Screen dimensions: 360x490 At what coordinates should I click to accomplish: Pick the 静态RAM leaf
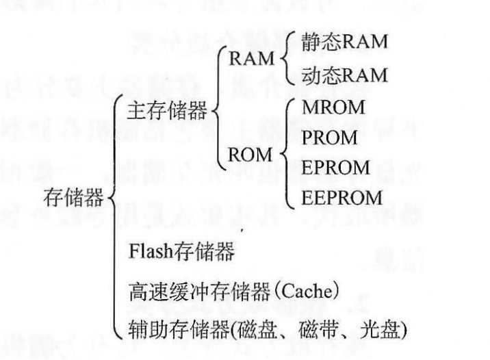point(343,42)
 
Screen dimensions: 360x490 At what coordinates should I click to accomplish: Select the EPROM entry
point(331,168)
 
